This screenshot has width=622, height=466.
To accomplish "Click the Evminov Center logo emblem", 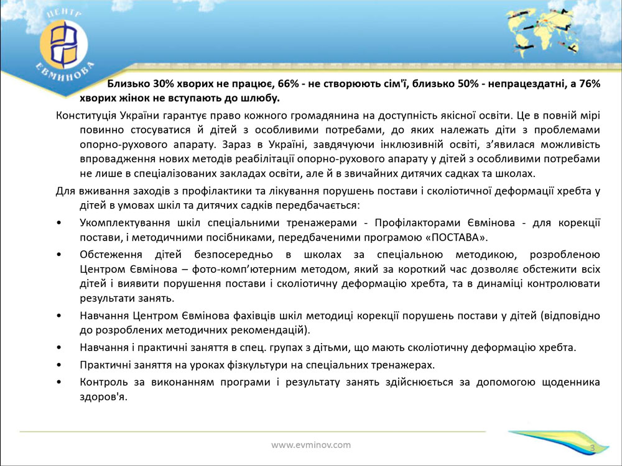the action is tap(64, 44).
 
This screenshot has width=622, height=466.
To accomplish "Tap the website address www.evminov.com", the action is tap(311, 445).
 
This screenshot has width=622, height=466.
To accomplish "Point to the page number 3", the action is tap(593, 448).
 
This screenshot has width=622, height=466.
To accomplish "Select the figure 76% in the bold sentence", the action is tap(590, 84).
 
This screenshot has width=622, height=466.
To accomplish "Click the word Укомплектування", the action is tap(124, 222).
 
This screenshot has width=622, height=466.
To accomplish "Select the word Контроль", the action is tap(103, 382).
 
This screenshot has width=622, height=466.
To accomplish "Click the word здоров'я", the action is tap(103, 397).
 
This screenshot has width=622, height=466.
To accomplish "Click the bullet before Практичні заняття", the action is tap(59, 365).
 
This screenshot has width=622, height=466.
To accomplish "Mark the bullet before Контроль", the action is tap(59, 383).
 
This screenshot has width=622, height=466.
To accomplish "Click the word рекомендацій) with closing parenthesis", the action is tap(274, 330).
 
